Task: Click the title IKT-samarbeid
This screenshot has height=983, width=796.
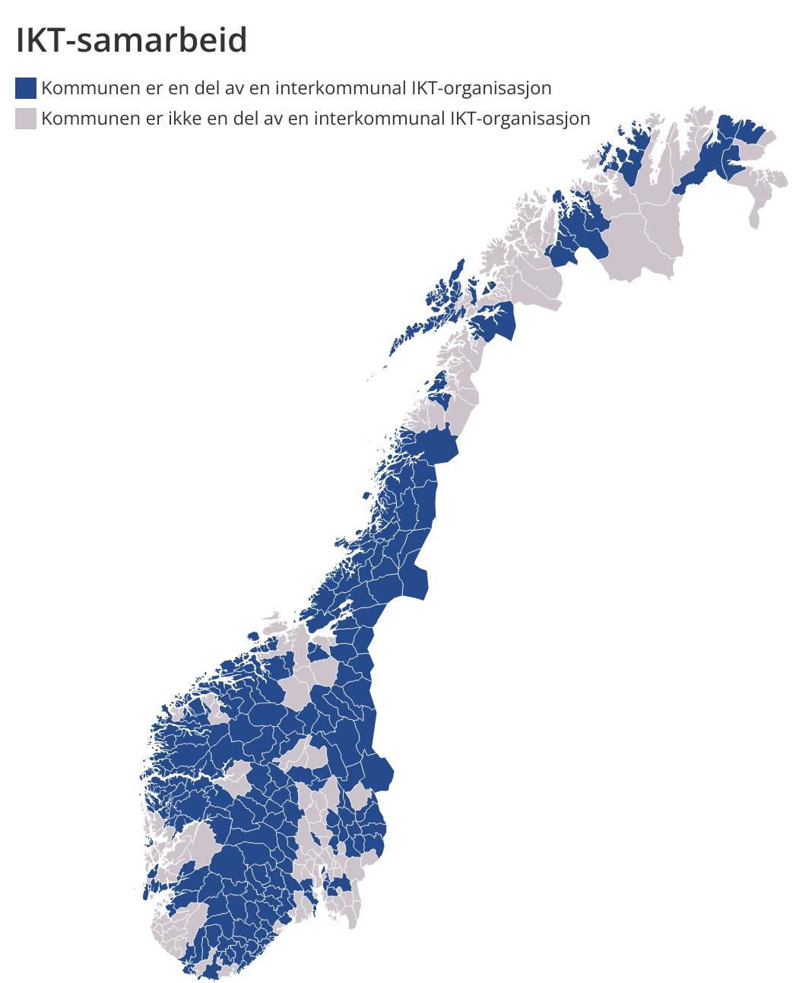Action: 132,40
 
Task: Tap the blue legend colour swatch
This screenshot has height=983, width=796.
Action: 26,88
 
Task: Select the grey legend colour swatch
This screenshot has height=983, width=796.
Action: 26,119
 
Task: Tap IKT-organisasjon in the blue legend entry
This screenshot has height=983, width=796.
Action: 480,88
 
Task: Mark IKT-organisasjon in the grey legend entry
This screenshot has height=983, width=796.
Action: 520,119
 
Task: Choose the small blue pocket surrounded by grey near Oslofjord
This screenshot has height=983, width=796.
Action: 338,884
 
